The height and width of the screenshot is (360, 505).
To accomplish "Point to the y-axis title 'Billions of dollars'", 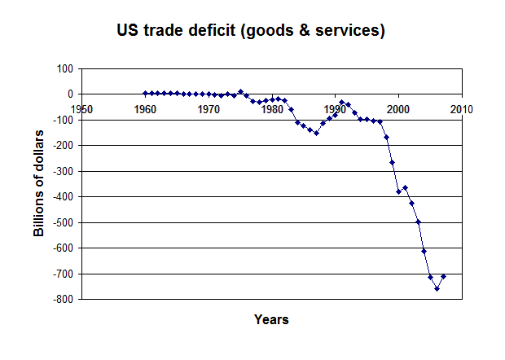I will [x=38, y=183].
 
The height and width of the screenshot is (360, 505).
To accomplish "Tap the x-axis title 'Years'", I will [x=271, y=319].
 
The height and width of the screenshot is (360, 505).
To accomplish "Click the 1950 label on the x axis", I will [x=81, y=108].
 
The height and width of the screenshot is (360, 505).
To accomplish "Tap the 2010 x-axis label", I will [x=462, y=108].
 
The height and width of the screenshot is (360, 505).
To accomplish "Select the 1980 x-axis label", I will [x=272, y=108].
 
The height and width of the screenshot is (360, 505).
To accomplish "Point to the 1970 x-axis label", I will [x=209, y=108].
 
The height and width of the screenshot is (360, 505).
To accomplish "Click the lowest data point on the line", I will [x=437, y=288].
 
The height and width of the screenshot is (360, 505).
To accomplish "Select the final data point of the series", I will [x=443, y=276].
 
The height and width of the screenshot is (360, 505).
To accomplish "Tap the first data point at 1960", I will [x=145, y=93].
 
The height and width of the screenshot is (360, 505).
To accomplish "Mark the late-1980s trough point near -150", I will [x=316, y=133].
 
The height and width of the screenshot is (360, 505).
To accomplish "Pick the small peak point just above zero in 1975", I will [x=240, y=91].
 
